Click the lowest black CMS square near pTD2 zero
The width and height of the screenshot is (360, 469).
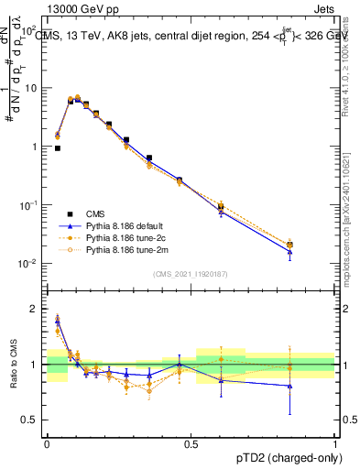pyautogui.click(x=58, y=147)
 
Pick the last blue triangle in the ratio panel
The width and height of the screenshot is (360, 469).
pyautogui.click(x=289, y=386)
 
